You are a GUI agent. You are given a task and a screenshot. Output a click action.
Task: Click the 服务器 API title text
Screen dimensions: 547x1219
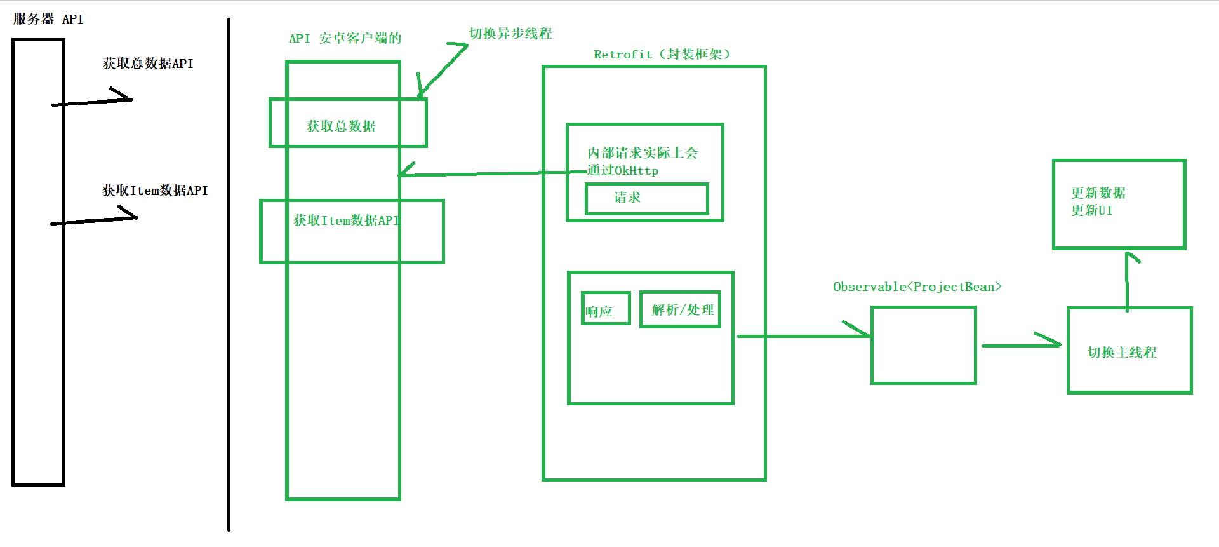click(x=48, y=19)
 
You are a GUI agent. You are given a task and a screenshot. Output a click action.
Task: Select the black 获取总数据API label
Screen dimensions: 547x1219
click(x=148, y=64)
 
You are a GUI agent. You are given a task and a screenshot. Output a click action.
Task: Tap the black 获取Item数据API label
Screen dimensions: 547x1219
click(x=155, y=191)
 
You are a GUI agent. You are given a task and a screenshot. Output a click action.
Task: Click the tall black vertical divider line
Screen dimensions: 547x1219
click(x=229, y=273)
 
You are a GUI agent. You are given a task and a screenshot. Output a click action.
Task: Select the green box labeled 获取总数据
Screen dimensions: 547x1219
click(x=347, y=123)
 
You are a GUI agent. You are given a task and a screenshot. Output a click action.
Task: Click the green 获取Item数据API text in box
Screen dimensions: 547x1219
click(x=346, y=220)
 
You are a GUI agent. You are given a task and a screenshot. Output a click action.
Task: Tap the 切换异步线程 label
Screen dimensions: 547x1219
click(x=510, y=34)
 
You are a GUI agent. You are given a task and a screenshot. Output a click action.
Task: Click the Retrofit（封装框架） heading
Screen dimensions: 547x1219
click(x=662, y=55)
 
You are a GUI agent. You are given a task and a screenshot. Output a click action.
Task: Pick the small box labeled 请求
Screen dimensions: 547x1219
click(x=646, y=199)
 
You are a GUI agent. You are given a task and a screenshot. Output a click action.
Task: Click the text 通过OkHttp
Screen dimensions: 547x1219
click(x=623, y=170)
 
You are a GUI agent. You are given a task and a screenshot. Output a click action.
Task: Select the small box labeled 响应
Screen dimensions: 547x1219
click(x=606, y=309)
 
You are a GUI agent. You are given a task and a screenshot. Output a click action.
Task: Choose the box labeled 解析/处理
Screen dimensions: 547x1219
click(x=680, y=309)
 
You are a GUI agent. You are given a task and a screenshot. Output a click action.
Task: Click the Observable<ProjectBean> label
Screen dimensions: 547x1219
click(x=917, y=287)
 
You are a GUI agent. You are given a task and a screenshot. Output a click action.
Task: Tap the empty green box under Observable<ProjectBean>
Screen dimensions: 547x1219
click(x=923, y=346)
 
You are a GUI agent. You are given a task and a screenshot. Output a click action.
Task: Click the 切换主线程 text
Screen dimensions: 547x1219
click(x=1122, y=353)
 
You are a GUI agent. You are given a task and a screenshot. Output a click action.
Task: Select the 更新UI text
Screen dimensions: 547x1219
click(x=1091, y=210)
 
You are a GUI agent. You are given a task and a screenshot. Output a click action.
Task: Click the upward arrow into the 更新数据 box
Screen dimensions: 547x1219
click(x=1128, y=280)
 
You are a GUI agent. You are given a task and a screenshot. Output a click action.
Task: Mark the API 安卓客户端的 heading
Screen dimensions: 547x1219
click(x=345, y=38)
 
